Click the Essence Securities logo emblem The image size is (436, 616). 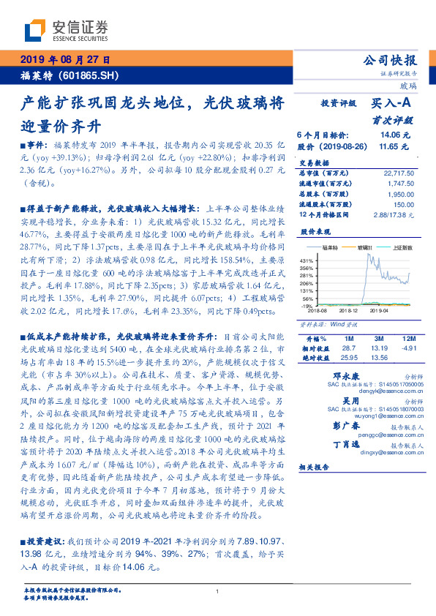pyautogui.click(x=35, y=31)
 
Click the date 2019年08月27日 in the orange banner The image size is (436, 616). pyautogui.click(x=64, y=61)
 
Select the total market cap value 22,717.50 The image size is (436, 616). pyautogui.click(x=399, y=173)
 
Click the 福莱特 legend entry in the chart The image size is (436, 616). pyautogui.click(x=337, y=248)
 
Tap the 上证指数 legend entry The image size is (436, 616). pyautogui.click(x=402, y=248)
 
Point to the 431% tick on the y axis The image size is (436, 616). pyautogui.click(x=307, y=260)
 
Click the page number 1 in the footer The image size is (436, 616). pyautogui.click(x=218, y=591)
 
